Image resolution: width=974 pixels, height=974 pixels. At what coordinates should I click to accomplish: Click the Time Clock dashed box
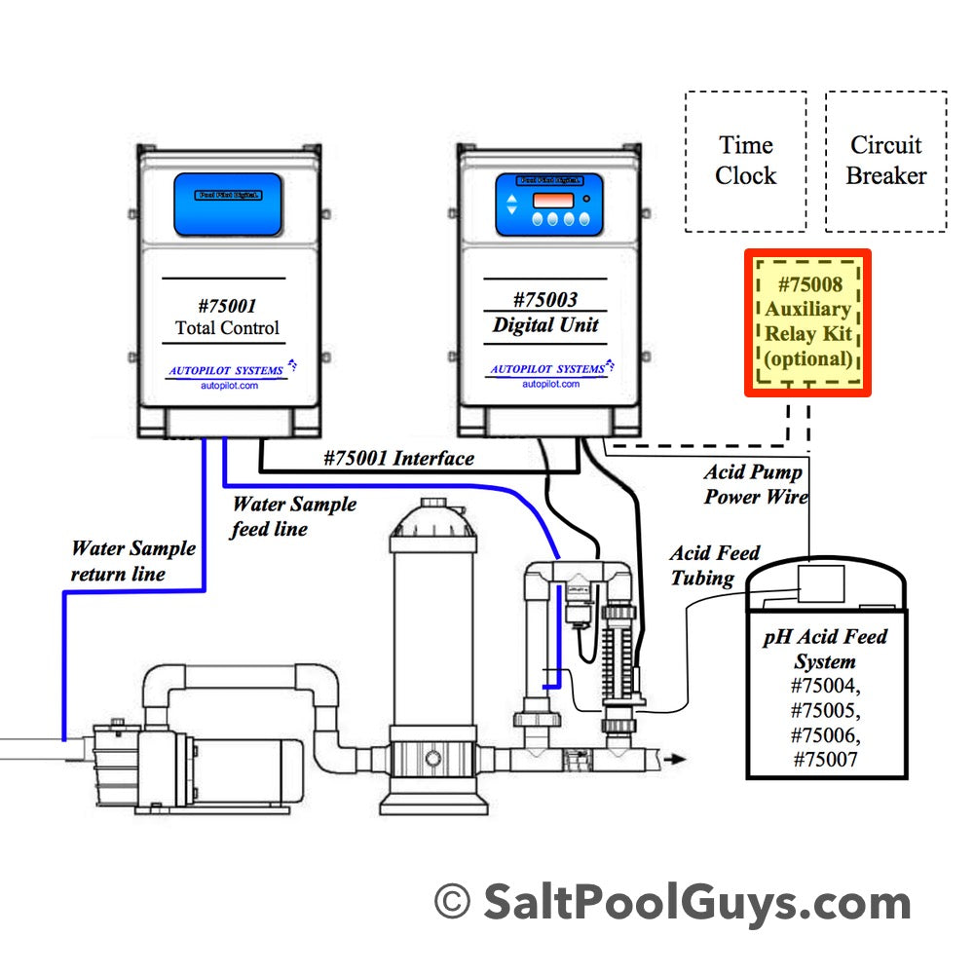(745, 161)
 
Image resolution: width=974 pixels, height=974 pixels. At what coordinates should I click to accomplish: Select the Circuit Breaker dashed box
(885, 161)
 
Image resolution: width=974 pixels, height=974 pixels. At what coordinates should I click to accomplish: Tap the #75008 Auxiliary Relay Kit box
(807, 322)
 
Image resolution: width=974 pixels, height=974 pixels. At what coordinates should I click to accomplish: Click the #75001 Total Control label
(227, 317)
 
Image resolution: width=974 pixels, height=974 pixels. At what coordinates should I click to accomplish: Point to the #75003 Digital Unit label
(545, 313)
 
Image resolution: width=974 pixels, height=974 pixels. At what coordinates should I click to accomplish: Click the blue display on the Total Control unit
(227, 205)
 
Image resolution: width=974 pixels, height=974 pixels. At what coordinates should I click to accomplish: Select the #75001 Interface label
(398, 458)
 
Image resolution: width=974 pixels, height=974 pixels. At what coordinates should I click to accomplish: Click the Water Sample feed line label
(293, 516)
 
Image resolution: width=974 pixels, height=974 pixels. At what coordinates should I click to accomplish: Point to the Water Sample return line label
(132, 561)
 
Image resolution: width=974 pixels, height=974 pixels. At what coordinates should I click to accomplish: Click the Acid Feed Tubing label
(715, 565)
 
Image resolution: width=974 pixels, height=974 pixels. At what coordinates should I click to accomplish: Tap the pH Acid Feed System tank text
(825, 648)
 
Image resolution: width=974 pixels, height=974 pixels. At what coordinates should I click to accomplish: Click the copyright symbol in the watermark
(451, 902)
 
